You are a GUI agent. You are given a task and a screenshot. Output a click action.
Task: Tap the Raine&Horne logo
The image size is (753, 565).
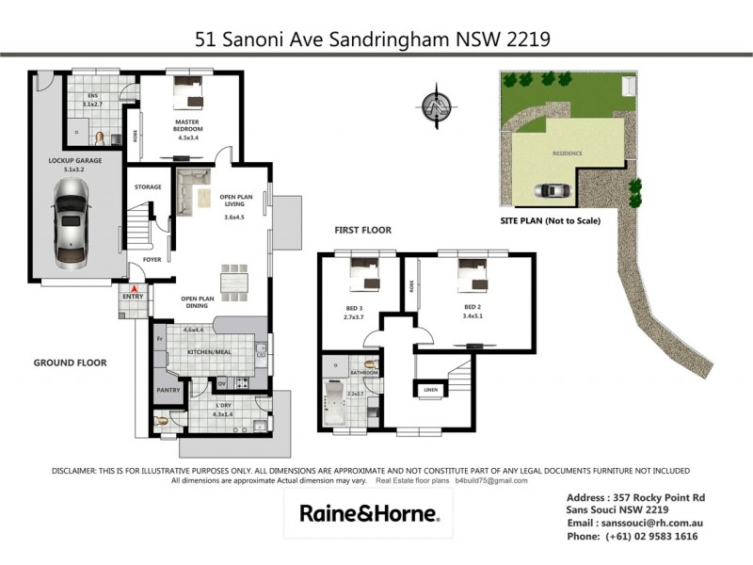pos(369,513)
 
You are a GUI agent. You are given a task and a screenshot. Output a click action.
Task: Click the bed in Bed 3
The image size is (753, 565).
pos(361,276)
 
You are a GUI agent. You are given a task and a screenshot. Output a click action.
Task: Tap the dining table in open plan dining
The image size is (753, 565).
pos(235,281)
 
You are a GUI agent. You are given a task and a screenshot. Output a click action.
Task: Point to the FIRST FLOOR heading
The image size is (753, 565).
pos(363,230)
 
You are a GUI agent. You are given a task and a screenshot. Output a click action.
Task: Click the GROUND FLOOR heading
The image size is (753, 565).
pos(71,363)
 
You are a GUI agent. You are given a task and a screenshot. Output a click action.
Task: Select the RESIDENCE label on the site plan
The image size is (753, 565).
pos(567,153)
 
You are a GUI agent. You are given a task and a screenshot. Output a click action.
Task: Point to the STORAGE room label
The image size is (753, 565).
pos(148,186)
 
